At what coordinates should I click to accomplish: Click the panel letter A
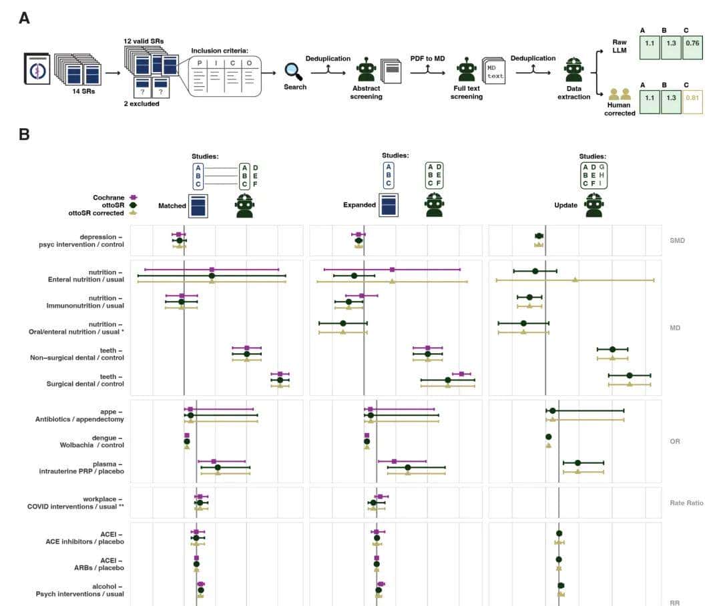click(x=24, y=18)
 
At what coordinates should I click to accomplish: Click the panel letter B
click(x=24, y=134)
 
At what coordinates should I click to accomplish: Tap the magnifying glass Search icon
click(x=294, y=71)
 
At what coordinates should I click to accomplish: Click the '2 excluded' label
click(x=142, y=103)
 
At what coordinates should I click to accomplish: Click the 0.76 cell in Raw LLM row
click(x=692, y=49)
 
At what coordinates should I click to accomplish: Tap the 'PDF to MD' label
click(x=427, y=59)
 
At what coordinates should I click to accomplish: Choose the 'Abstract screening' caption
click(x=367, y=92)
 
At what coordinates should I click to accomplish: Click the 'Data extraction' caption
click(x=574, y=92)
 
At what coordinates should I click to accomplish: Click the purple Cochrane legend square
click(x=134, y=198)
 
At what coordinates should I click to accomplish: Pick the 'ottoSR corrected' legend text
click(x=95, y=213)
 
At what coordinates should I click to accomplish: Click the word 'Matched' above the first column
click(x=172, y=206)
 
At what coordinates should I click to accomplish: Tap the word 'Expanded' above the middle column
click(x=359, y=205)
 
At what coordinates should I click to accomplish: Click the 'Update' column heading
click(x=566, y=205)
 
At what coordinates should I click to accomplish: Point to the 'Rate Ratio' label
click(x=686, y=503)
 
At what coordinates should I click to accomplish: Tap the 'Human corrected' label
click(x=620, y=108)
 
